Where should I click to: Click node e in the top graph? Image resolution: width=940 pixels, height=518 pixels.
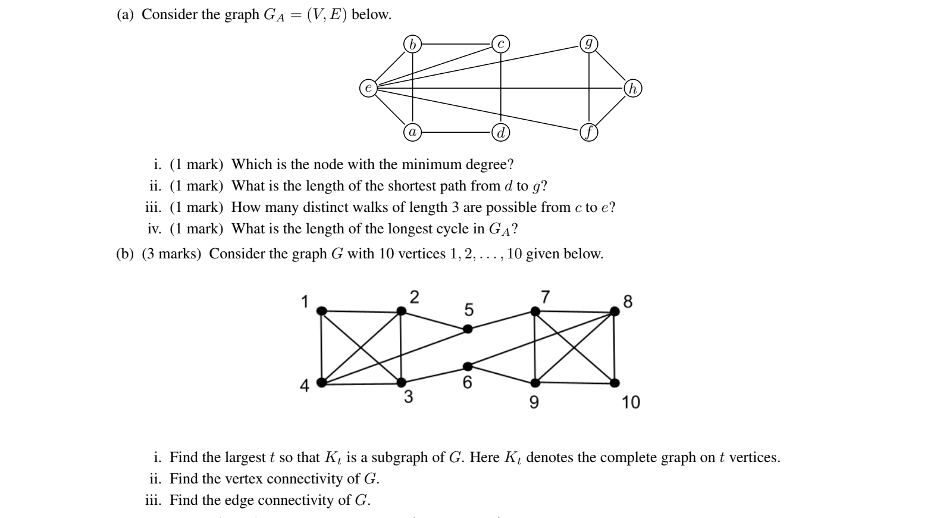coord(368,88)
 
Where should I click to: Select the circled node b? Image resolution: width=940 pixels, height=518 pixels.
coord(412,44)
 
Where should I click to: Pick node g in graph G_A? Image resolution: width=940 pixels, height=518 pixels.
coord(588,44)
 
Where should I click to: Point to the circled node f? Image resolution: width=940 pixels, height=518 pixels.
coord(588,133)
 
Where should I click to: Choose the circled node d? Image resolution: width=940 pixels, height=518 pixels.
coord(500,132)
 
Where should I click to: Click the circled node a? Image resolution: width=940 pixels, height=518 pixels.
coord(412,132)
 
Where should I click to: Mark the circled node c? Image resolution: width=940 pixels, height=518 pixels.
coord(500,44)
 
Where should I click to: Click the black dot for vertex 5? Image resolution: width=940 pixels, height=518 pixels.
coord(468,329)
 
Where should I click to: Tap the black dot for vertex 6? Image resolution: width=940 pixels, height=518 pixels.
coord(468,366)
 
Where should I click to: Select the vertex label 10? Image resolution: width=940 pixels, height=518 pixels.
coord(631,402)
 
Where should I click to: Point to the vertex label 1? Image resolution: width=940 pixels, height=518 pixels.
coord(305,302)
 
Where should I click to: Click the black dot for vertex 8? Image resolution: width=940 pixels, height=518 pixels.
coord(615,311)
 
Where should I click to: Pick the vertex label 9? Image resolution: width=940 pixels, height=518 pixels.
coord(534,402)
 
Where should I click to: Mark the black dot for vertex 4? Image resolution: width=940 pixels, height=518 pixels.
coord(321,383)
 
